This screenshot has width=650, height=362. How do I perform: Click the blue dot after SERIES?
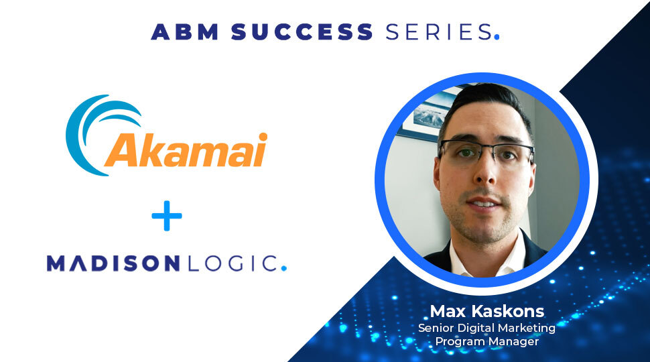coord(497,38)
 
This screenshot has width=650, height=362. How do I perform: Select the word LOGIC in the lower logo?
coord(231,263)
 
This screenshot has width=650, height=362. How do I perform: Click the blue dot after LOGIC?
coord(283,268)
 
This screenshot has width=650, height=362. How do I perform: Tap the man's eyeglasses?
coord(484,154)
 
